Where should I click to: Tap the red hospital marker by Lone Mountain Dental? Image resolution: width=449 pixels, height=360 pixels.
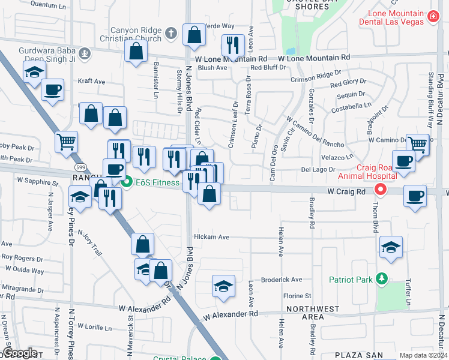point(433,18)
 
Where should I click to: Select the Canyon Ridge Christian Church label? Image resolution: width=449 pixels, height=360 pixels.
point(136,34)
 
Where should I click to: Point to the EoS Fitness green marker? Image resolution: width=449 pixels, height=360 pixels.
point(126,182)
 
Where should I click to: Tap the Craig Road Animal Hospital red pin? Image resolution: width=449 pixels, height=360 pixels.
point(380,190)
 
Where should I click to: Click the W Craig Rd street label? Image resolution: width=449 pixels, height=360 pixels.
point(346,191)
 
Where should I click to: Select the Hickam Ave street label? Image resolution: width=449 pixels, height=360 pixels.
point(211,237)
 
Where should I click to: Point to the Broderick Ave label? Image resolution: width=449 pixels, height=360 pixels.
point(282,280)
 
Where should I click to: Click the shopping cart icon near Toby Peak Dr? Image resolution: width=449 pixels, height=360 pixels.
point(66,142)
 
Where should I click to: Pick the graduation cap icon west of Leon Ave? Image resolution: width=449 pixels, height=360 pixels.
point(223,286)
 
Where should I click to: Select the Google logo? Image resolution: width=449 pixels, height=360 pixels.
point(19,353)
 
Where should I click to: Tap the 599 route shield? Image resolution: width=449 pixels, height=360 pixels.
point(79,166)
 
